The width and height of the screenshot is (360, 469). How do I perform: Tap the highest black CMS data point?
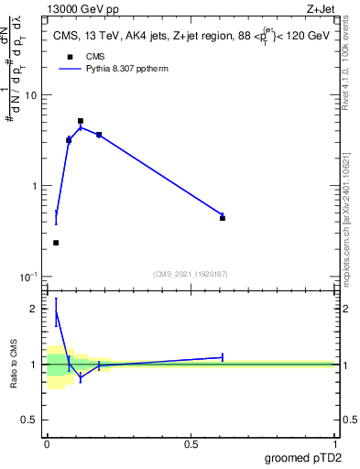[81, 121]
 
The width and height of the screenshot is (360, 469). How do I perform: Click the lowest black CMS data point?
[56, 243]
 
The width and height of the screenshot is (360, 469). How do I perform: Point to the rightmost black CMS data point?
[223, 218]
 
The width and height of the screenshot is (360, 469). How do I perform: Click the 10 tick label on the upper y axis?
[34, 95]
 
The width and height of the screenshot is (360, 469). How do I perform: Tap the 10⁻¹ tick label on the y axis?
[32, 277]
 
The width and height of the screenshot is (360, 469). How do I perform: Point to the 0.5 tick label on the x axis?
[191, 444]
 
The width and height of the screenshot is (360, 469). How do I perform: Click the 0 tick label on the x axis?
[47, 444]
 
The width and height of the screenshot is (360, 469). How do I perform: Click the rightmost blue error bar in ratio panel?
[223, 357]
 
